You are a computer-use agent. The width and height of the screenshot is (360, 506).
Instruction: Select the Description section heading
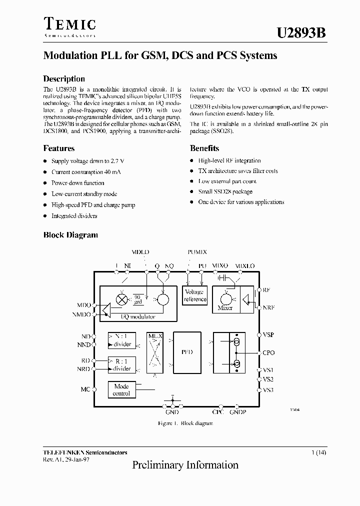(64, 79)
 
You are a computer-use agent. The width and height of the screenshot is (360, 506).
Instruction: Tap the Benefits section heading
(204, 148)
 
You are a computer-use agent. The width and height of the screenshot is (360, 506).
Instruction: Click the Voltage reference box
(194, 295)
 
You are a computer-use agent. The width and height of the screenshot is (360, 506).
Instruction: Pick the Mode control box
(121, 390)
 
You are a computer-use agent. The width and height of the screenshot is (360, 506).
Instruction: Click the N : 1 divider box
(121, 340)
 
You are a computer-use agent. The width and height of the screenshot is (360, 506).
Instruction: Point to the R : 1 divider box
(121, 364)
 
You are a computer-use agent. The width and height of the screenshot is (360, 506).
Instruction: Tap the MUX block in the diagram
(155, 352)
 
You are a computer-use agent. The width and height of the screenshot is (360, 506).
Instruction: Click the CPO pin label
(268, 353)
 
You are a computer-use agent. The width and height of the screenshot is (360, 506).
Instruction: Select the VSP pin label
(268, 334)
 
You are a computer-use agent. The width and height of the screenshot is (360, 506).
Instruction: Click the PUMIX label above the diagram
(197, 252)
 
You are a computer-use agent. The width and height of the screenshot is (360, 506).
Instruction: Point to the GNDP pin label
(238, 412)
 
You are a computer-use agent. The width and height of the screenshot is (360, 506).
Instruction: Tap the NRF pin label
(269, 308)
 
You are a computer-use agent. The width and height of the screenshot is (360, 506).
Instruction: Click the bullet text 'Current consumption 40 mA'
(86, 172)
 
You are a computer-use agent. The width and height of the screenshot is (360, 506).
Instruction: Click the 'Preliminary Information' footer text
(185, 465)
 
